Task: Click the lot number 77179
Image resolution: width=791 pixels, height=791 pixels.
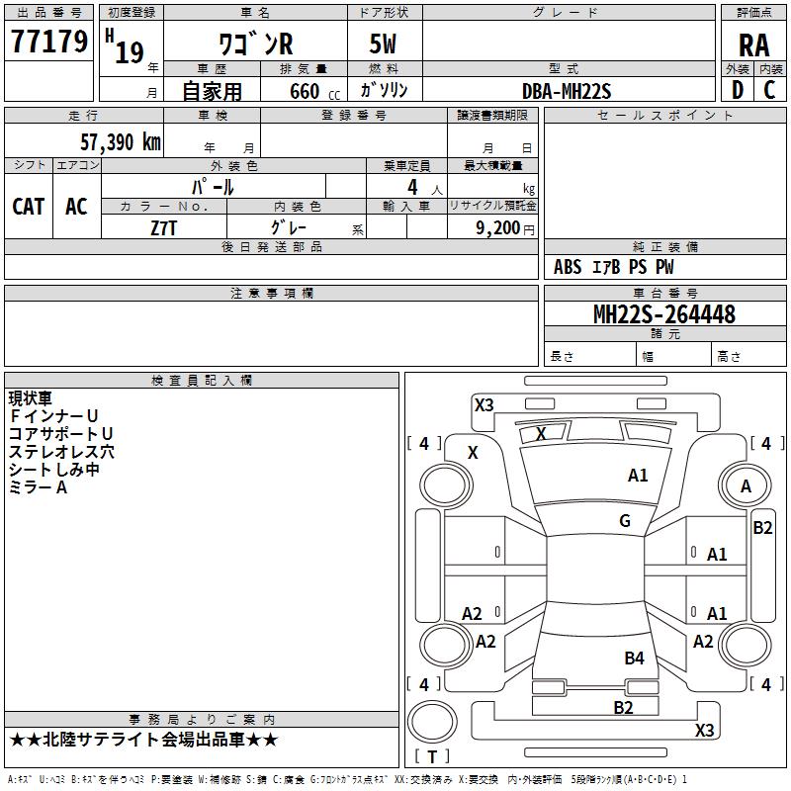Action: click(x=49, y=42)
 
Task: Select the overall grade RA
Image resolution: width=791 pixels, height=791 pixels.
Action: click(x=754, y=45)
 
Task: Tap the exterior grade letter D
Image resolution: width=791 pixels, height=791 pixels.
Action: click(x=738, y=90)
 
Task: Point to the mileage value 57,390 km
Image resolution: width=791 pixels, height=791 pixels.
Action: click(x=121, y=142)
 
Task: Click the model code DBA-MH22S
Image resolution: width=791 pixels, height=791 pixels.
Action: click(x=567, y=91)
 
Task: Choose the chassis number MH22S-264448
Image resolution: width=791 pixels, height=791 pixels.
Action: click(x=664, y=314)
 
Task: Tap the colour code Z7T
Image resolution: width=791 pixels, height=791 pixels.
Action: click(x=164, y=228)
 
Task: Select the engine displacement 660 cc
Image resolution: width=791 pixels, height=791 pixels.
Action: click(x=314, y=91)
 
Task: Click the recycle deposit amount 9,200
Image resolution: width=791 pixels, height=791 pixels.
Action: click(x=498, y=228)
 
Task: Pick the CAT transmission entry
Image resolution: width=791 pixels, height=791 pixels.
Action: click(x=29, y=207)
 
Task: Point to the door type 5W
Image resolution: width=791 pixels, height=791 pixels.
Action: click(x=383, y=44)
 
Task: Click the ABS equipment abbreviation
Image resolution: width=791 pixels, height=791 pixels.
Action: click(x=568, y=267)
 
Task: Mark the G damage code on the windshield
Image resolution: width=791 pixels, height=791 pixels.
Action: click(x=625, y=521)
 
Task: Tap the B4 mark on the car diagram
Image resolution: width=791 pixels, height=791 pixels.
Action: click(x=634, y=658)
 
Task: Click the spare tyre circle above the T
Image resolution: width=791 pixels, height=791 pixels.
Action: click(x=432, y=722)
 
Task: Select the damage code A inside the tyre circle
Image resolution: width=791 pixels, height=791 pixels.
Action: click(x=746, y=486)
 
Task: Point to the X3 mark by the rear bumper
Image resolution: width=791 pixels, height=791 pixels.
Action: click(x=704, y=730)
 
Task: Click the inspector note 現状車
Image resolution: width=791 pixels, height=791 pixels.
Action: click(x=31, y=398)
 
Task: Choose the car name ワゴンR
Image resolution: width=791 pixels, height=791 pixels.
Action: click(x=256, y=44)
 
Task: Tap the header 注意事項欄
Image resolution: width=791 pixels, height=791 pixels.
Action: click(x=272, y=293)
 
